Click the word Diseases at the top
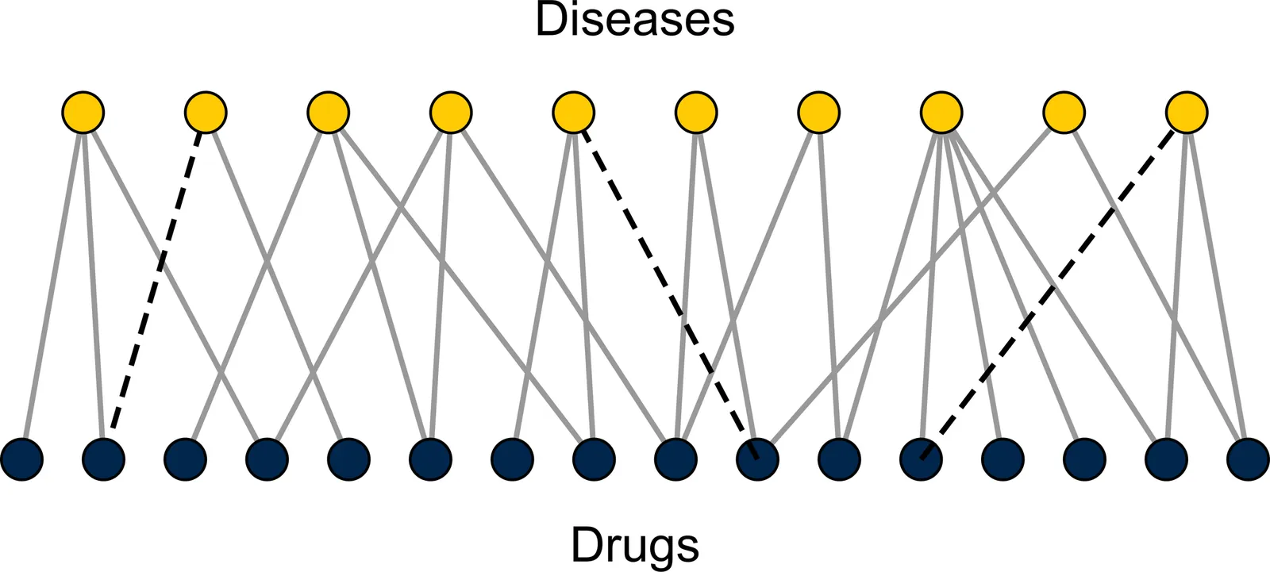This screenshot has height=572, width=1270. (635, 20)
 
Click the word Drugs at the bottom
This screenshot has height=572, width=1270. (635, 546)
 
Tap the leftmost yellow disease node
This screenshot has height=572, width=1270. (83, 112)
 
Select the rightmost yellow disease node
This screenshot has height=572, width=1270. (1187, 112)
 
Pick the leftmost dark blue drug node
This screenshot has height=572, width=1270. (22, 459)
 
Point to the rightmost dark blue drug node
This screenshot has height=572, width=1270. (1248, 459)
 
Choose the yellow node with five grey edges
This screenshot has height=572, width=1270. (941, 112)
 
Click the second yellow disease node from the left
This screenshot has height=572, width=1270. (206, 112)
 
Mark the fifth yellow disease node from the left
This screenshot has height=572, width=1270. (573, 112)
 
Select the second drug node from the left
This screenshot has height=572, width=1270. (104, 459)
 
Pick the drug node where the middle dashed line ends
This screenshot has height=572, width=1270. (757, 459)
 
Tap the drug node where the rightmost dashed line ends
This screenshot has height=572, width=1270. (921, 459)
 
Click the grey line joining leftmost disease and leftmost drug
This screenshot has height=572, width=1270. (52, 286)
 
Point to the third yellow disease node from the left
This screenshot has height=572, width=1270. (328, 112)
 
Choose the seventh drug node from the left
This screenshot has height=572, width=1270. (513, 459)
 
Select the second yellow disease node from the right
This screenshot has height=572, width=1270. (1064, 112)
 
